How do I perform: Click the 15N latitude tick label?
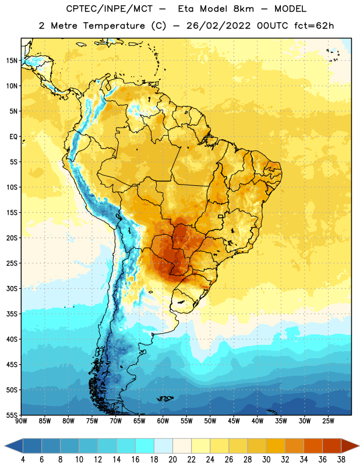(12, 61)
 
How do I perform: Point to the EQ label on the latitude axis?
(13, 137)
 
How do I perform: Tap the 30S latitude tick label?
(12, 288)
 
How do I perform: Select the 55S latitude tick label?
(12, 415)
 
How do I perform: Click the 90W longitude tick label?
(21, 421)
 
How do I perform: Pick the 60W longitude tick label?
(163, 421)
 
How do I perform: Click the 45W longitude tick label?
(234, 421)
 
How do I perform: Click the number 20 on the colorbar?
(172, 460)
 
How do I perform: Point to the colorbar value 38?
(341, 460)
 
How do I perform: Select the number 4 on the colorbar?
(23, 460)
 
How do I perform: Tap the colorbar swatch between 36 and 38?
(332, 446)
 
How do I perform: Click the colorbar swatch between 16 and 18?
(144, 446)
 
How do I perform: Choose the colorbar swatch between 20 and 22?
(182, 446)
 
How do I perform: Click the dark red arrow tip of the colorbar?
(359, 446)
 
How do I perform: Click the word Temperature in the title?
(114, 26)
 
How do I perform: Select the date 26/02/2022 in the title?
(219, 26)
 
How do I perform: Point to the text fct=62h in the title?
(314, 26)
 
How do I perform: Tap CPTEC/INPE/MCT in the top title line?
(110, 9)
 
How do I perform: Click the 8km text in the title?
(243, 9)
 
